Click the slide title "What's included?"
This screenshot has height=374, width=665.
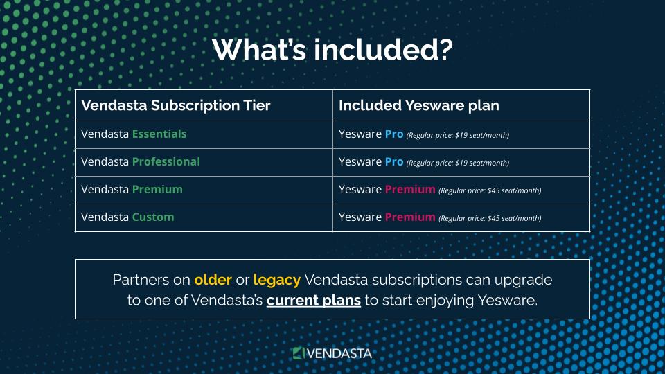[x=332, y=50]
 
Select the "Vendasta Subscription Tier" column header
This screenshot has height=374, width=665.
[x=175, y=105]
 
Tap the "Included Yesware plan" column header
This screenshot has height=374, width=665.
[x=418, y=105]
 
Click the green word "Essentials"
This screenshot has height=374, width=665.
[x=159, y=134]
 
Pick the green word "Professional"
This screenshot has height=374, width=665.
[x=166, y=161]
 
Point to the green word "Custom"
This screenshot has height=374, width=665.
[x=152, y=217]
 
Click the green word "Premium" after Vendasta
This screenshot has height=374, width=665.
[x=157, y=189]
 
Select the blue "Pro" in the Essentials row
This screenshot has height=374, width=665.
[x=394, y=134]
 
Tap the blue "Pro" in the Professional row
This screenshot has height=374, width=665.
[x=394, y=161]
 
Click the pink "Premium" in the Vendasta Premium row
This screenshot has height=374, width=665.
[x=410, y=189]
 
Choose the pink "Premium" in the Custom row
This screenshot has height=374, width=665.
[x=410, y=217]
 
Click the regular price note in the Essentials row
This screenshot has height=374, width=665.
[x=458, y=135]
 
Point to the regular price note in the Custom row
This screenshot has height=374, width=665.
[x=490, y=218]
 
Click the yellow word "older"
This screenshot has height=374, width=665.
[x=213, y=280]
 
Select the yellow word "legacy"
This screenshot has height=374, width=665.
[x=277, y=280]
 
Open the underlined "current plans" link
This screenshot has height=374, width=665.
[x=313, y=301]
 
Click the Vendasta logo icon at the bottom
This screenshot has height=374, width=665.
[x=299, y=353]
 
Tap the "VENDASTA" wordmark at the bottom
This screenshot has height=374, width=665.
[x=339, y=354]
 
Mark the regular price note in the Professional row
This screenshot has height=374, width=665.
[x=458, y=163]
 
